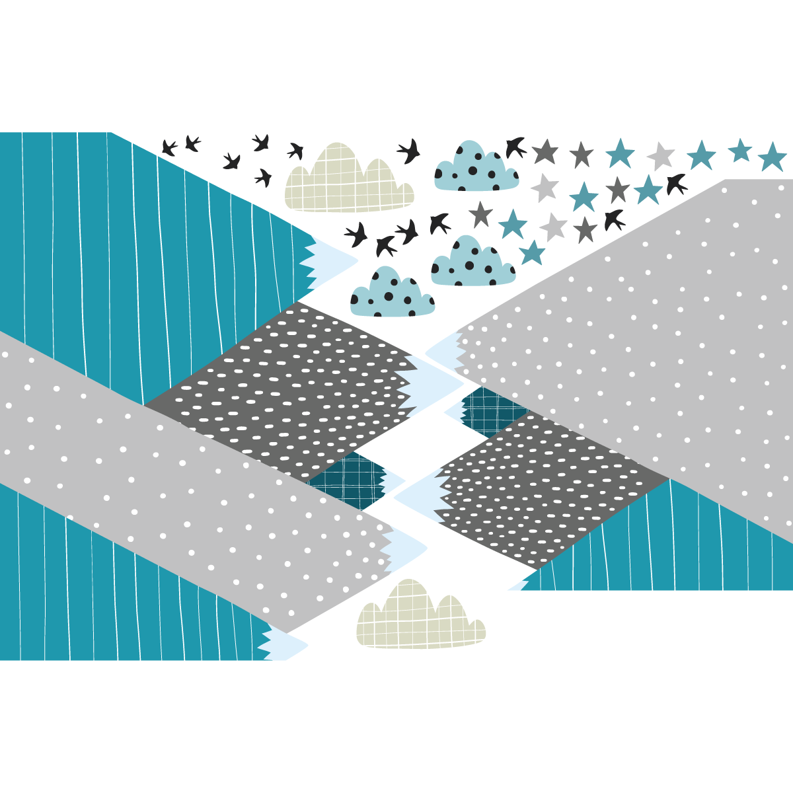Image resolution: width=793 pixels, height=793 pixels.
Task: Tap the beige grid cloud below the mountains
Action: coord(420,618)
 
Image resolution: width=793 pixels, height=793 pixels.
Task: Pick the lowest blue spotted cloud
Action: coord(391,294)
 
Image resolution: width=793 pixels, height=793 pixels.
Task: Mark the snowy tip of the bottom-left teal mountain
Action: coord(284,644)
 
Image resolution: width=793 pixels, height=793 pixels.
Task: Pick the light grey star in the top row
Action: coord(660,156)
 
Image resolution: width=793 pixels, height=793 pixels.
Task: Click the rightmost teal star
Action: coord(772,157)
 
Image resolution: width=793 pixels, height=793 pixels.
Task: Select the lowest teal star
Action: coord(532,252)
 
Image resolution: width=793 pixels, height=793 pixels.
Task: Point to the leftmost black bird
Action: coord(169,147)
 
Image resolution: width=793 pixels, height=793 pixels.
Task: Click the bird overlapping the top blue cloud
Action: coord(515,147)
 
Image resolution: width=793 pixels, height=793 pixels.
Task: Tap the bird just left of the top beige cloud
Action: coord(295,151)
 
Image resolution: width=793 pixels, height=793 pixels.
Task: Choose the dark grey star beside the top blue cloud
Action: coord(545,152)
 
